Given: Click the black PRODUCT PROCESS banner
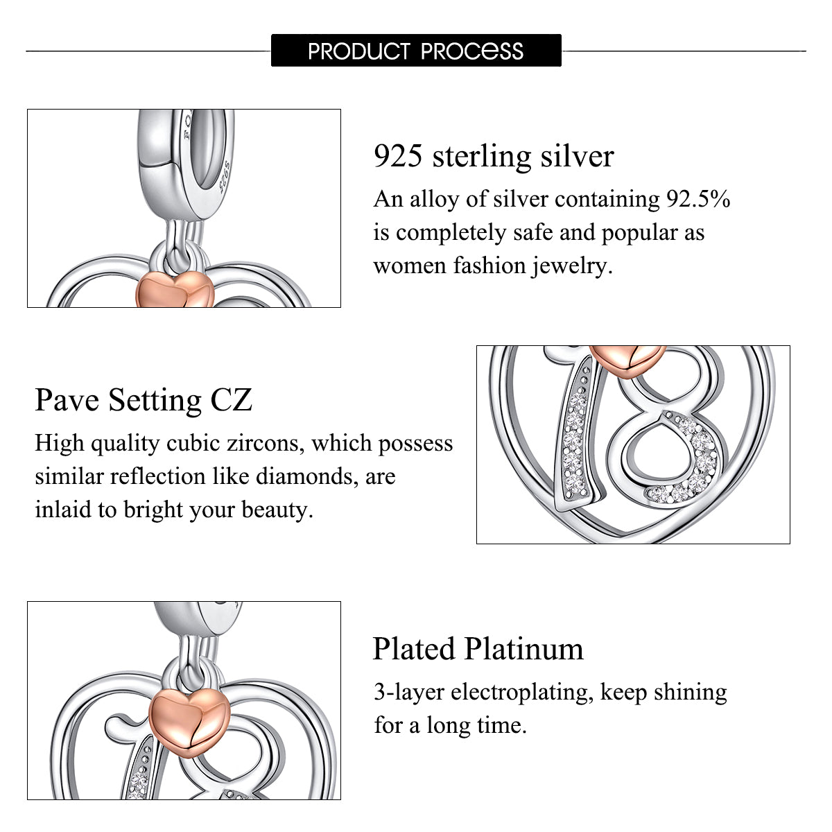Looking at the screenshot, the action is pos(416,50).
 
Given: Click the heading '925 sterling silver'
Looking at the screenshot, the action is pos(494,156).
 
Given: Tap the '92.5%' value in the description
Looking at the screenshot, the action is pos(698,199).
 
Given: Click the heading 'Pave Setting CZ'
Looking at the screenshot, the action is pos(144,400).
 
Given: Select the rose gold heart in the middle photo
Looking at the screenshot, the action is pos(627,360).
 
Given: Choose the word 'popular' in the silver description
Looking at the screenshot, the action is pos(639,233).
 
